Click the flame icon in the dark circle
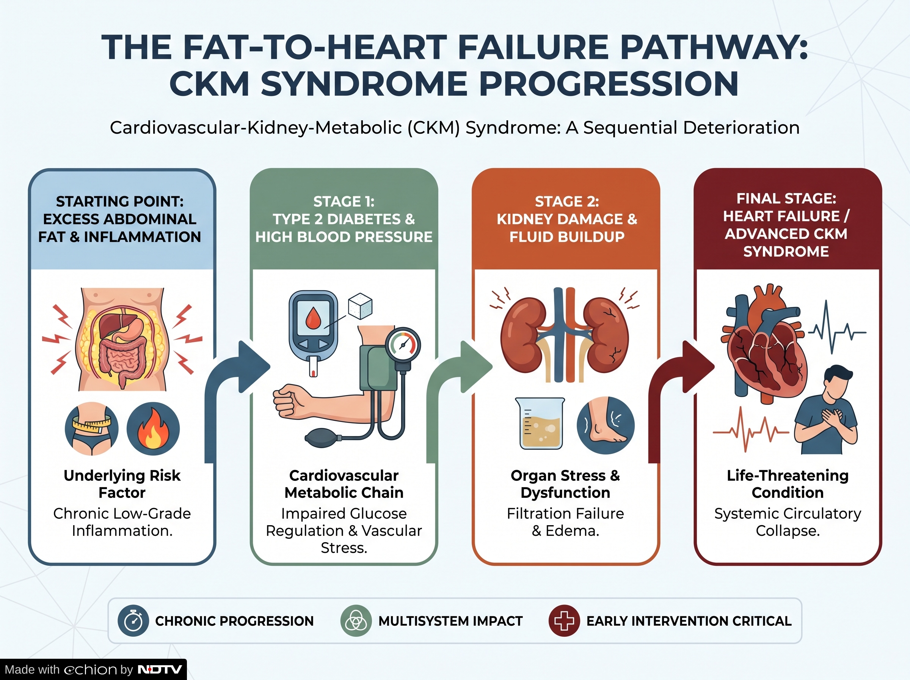153,428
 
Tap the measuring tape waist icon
91,428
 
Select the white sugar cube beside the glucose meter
360,306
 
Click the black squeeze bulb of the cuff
324,438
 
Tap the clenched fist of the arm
289,401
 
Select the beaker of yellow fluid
540,423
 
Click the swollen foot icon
605,425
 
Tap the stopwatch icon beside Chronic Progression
133,621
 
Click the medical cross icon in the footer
564,621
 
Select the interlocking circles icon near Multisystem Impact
356,621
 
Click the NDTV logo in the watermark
160,669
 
